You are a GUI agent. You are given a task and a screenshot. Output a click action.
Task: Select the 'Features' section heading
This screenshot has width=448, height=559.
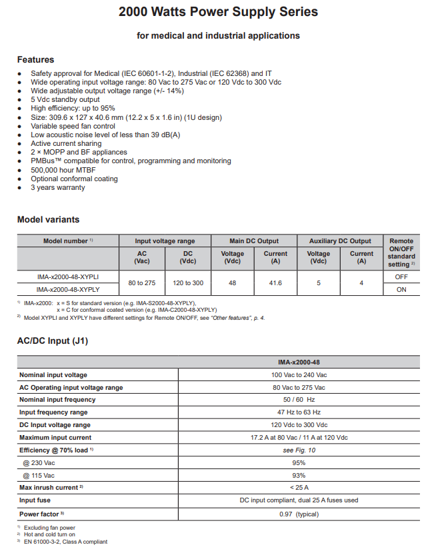point(35,59)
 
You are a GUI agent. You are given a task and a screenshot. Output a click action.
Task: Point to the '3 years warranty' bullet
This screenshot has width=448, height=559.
point(57,187)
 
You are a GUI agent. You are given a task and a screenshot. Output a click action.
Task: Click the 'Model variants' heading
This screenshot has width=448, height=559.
point(48,219)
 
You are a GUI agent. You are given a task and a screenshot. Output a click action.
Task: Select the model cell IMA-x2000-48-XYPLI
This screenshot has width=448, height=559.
point(68,276)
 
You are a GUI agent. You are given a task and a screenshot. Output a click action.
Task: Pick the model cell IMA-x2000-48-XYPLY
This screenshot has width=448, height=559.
point(68,289)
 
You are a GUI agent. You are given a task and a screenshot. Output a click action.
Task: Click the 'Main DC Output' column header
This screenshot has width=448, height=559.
point(254,241)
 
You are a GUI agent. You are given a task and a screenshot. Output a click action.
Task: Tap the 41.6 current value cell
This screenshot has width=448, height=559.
point(275,282)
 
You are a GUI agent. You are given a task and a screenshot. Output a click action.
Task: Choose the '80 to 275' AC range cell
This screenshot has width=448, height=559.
point(141,282)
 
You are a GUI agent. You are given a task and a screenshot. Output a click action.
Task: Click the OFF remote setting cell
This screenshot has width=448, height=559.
point(401,276)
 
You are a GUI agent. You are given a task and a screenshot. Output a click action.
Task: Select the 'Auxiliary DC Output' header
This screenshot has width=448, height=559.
point(340,241)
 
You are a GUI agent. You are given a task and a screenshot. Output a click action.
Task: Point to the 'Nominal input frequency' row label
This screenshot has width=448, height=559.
point(57,400)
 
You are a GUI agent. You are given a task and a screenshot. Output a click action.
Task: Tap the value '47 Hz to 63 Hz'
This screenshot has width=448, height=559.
point(299,412)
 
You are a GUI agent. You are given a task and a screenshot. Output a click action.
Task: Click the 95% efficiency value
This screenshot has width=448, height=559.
point(299,463)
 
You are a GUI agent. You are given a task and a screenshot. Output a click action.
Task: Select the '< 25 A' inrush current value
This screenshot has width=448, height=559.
point(299,488)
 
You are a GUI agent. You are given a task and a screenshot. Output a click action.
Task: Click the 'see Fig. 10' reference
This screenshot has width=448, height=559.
point(299,450)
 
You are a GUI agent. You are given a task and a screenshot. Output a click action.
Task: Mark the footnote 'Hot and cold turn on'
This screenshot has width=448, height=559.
point(49,534)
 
